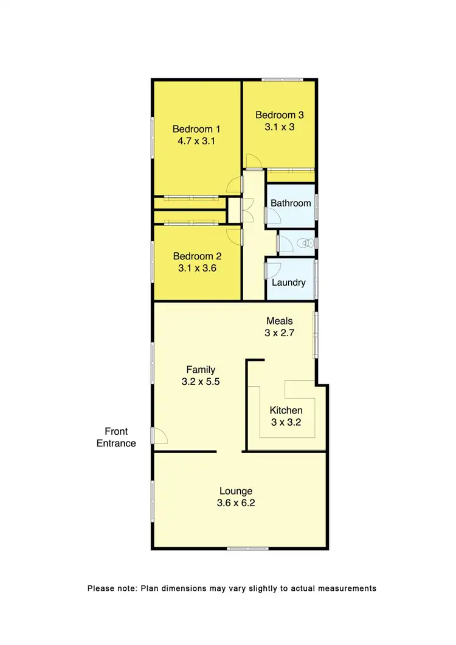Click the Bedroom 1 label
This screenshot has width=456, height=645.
point(196,129)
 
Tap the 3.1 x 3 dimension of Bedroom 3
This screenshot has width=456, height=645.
point(279,127)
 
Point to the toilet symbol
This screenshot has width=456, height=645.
point(304,244)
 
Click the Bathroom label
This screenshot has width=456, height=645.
point(291,203)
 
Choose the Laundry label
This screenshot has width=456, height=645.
point(288,283)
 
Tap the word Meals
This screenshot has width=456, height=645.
point(280,321)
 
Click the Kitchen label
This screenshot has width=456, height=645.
point(286,411)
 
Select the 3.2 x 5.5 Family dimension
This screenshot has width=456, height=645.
point(201,382)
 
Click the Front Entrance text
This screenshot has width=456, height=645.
point(116,437)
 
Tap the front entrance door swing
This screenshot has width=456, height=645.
point(160,435)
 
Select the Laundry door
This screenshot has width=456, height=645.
point(272,269)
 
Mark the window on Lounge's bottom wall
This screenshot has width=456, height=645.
point(247,549)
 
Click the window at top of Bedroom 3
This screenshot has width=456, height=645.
point(283,79)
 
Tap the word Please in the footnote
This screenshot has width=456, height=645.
point(101,588)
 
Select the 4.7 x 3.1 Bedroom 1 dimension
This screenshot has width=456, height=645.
point(197,141)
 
